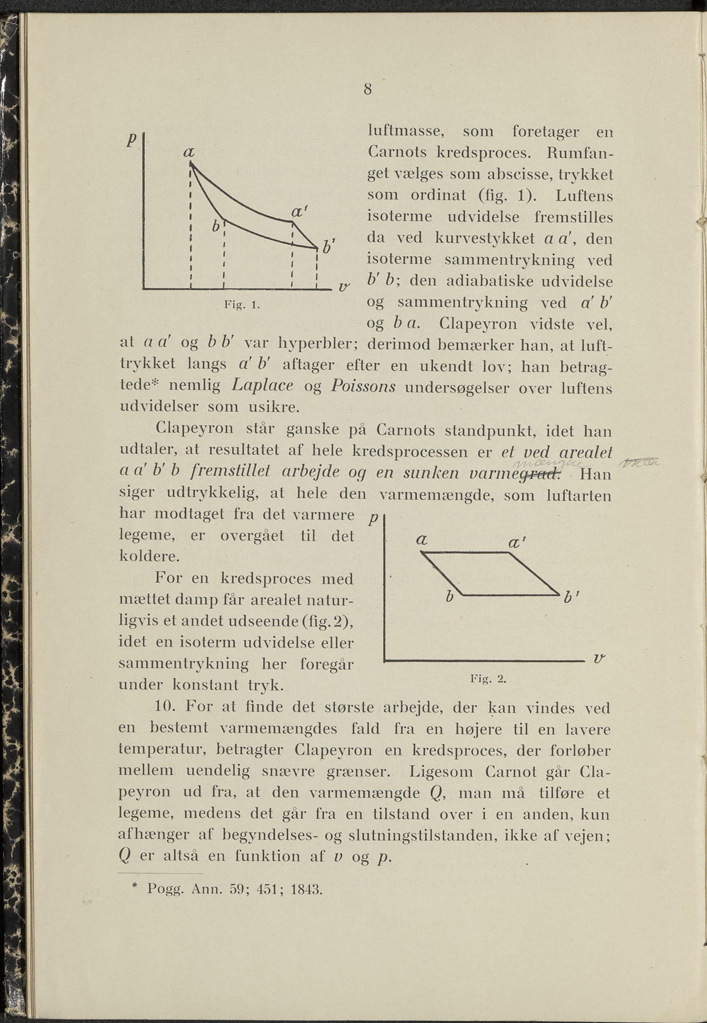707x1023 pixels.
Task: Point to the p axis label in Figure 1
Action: [131, 140]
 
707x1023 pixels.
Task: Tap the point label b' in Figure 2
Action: [569, 598]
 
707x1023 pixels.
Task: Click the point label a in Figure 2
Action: [422, 540]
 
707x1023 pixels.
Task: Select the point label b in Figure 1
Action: [216, 226]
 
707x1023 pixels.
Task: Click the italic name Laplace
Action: [262, 385]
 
